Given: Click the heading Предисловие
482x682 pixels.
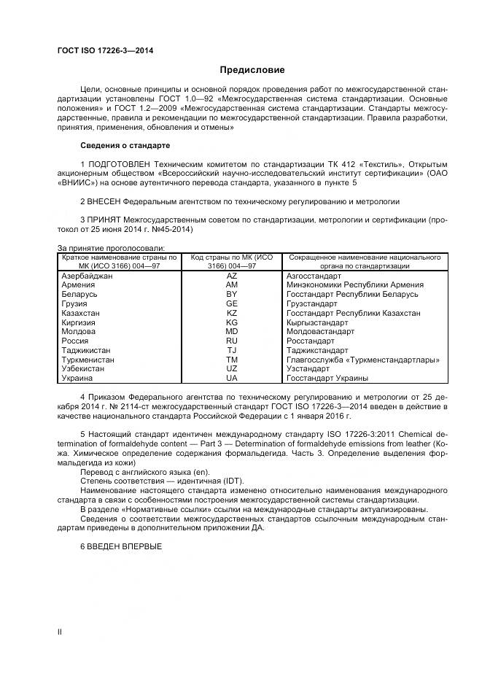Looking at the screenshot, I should (x=252, y=70).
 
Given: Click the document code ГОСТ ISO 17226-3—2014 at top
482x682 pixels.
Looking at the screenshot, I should (x=106, y=50).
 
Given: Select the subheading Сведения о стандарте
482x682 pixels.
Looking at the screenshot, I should (x=125, y=145).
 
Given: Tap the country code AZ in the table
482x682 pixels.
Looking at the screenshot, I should (x=231, y=276).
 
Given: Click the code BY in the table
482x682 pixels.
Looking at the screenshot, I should (x=231, y=294).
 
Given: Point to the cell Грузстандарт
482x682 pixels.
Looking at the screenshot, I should (x=312, y=303).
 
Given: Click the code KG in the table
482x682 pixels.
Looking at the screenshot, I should (x=231, y=322).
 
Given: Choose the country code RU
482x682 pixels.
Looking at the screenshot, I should (x=231, y=341).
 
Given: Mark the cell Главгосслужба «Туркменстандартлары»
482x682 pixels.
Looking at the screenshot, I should (x=362, y=360).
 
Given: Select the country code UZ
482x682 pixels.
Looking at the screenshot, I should (x=231, y=369).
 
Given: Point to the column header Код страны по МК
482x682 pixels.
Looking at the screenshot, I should (x=231, y=257).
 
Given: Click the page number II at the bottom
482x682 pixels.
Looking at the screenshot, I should (x=60, y=631).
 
